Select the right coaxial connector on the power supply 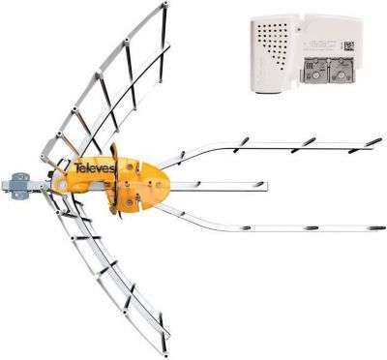click(x=344, y=69)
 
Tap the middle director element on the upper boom click(x=310, y=141)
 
